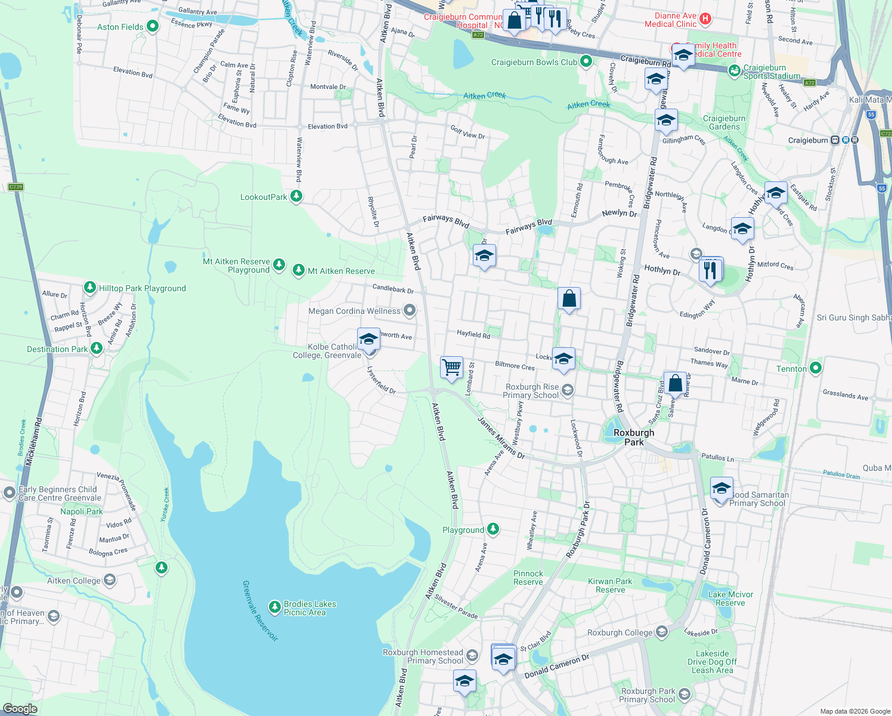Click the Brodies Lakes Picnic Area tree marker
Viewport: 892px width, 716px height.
(274, 607)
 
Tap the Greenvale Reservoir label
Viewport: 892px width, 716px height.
(261, 610)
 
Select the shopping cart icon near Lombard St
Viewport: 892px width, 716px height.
(451, 367)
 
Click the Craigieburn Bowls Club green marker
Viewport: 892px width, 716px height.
(586, 61)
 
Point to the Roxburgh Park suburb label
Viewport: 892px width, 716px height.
(634, 437)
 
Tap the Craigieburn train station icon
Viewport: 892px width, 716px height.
(835, 140)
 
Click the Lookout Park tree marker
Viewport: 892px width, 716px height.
(296, 196)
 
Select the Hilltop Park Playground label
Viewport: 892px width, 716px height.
(142, 288)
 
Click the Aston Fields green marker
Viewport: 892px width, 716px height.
(153, 26)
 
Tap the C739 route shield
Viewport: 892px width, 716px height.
(16, 187)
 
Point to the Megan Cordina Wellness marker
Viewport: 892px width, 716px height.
(409, 310)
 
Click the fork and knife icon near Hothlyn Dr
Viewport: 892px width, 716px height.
(710, 269)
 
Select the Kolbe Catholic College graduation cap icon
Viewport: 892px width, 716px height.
(368, 340)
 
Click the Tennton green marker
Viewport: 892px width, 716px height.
(816, 368)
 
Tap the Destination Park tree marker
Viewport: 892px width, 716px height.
(97, 348)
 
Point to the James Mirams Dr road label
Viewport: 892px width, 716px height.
(501, 438)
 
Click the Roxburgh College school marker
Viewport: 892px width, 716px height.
(661, 632)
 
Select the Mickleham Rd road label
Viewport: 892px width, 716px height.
(30, 442)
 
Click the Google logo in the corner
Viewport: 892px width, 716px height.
(20, 708)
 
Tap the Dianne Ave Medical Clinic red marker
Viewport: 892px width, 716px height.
(705, 18)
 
